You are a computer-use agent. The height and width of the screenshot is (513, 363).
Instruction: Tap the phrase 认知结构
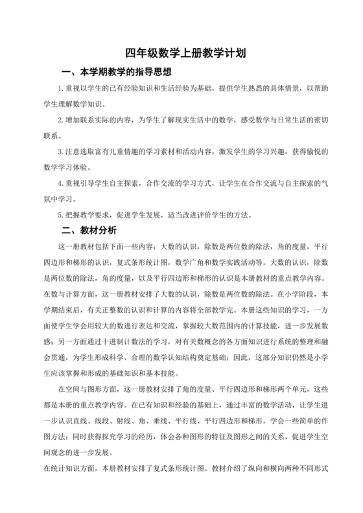(x=171, y=357)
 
